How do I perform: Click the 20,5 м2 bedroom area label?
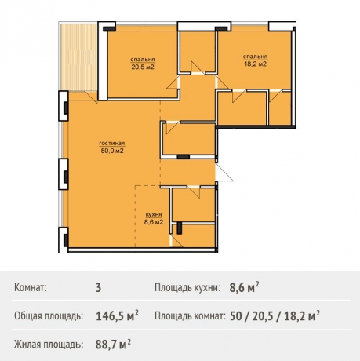143,67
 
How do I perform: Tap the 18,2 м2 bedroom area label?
255,64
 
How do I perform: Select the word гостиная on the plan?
112,144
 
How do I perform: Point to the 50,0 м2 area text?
112,151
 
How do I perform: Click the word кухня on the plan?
154,215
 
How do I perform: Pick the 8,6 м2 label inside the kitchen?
154,222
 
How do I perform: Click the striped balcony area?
78,57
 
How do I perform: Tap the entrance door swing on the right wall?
224,173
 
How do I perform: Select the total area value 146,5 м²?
117,315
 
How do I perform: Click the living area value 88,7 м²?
113,344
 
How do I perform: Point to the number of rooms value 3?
98,288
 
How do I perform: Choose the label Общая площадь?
49,316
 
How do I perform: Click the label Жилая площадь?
49,345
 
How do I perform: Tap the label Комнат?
31,288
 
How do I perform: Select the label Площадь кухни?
187,288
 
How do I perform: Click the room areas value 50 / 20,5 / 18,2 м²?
275,315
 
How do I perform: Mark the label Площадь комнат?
190,316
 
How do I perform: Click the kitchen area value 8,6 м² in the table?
245,287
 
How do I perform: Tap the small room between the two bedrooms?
198,51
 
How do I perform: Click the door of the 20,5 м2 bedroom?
173,83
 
